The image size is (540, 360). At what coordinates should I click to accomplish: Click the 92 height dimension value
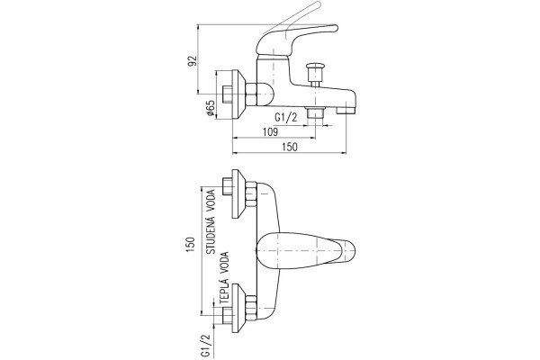(x=193, y=60)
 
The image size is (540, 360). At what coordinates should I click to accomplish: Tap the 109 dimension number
(x=270, y=131)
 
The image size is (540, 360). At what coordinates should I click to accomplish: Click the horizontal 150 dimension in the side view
(x=290, y=147)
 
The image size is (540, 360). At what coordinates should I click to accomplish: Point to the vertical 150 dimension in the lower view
(x=191, y=245)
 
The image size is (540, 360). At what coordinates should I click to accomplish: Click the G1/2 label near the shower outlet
(x=285, y=118)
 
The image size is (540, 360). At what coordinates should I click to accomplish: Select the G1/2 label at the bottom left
(x=205, y=346)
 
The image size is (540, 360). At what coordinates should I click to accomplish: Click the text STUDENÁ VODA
(x=211, y=222)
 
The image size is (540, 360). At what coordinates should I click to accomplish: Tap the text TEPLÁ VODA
(x=224, y=279)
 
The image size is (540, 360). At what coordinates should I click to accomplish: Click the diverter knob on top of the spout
(x=315, y=74)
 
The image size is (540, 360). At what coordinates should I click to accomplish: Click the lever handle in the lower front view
(x=306, y=251)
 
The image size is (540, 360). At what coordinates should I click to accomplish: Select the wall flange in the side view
(x=238, y=94)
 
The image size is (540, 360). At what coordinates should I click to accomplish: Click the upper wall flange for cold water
(x=238, y=193)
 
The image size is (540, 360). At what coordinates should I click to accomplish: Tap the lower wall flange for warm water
(x=238, y=309)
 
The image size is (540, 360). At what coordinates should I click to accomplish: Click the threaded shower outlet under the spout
(x=316, y=112)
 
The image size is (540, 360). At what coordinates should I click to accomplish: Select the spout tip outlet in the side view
(x=346, y=110)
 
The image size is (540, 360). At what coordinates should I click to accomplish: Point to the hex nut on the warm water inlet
(x=251, y=309)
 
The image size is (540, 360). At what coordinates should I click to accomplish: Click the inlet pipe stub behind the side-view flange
(x=228, y=94)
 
